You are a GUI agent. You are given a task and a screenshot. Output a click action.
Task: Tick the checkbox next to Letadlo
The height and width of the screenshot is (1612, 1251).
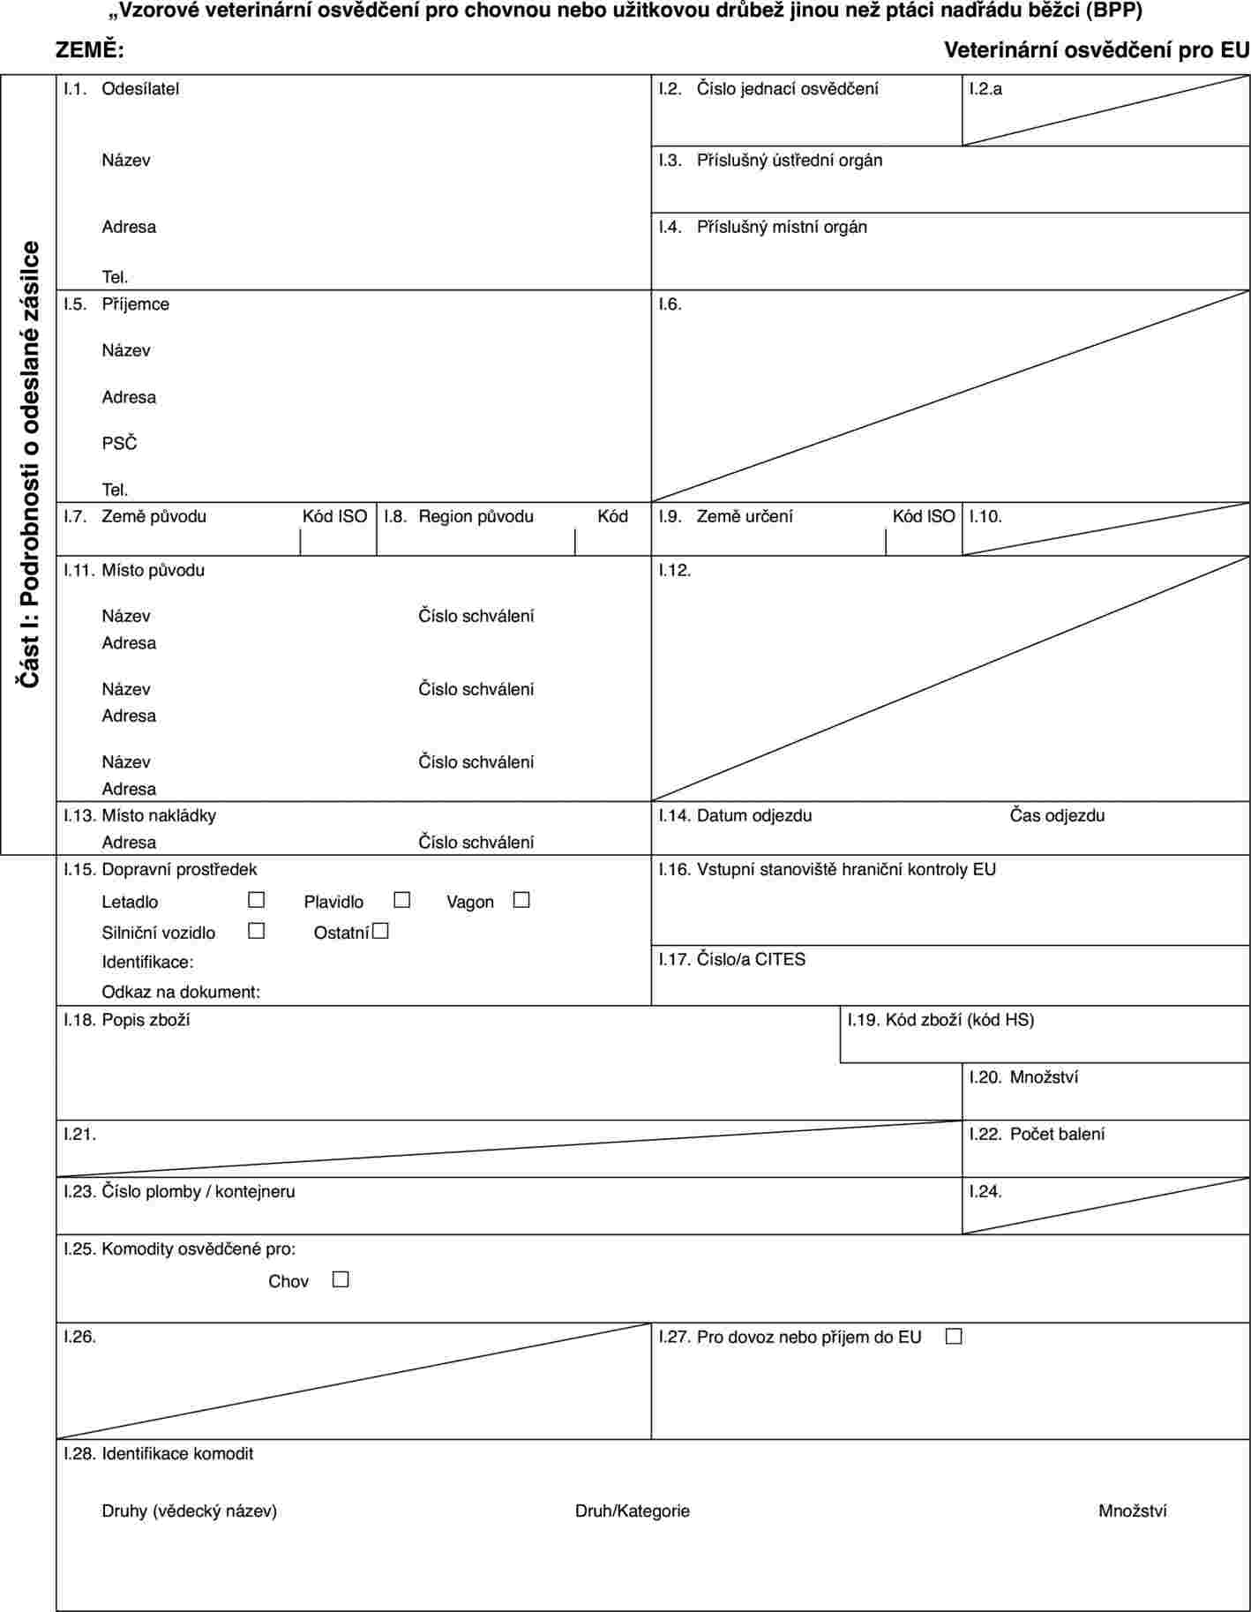tap(257, 900)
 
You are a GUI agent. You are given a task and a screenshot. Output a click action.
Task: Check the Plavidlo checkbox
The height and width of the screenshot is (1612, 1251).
tap(402, 900)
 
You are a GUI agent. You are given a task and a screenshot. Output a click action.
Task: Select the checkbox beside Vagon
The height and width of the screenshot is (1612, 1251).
tap(521, 900)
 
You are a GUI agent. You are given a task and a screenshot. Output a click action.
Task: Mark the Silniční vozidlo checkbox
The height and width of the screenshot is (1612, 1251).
tap(257, 931)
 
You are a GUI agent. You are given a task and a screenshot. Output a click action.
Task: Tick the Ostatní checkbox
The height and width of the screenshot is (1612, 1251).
tap(380, 931)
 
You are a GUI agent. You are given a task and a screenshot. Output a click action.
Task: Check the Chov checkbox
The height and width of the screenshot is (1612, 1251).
tap(341, 1279)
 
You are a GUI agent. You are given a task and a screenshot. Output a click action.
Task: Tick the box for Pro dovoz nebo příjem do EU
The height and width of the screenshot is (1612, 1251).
tap(953, 1337)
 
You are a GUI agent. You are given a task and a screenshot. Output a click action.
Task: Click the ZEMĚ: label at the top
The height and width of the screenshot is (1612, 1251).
tap(90, 50)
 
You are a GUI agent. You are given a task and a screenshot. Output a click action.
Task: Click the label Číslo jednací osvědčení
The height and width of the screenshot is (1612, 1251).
tap(787, 88)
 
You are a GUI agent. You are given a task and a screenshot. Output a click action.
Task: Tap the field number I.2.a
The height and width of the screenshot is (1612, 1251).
tap(985, 88)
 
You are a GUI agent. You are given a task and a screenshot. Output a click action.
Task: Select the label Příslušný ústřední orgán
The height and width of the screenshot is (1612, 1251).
tap(790, 160)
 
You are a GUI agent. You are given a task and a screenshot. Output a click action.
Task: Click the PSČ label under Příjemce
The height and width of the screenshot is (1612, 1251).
tap(120, 443)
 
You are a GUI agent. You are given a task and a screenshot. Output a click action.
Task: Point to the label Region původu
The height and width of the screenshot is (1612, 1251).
tap(476, 516)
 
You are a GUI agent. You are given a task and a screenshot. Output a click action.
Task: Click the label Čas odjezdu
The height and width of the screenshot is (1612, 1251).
tap(1057, 815)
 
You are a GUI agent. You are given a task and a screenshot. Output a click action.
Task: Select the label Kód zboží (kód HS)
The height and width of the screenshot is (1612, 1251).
tap(960, 1020)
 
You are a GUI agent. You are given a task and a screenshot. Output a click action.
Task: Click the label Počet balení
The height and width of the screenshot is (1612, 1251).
tap(1057, 1134)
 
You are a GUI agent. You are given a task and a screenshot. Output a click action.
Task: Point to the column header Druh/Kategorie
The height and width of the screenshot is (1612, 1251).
tap(633, 1511)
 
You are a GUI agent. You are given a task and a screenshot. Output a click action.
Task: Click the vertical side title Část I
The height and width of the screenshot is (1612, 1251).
tap(30, 464)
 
